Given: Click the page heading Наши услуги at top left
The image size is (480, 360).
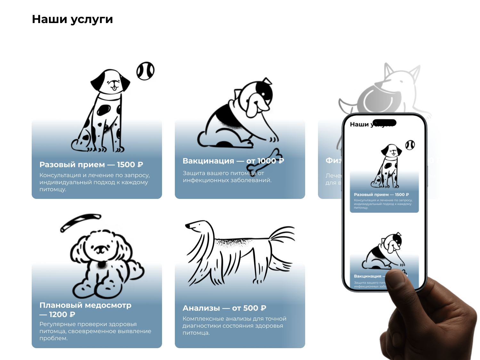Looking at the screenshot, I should (72, 19).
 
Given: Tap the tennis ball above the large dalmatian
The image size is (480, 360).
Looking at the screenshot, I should (145, 71).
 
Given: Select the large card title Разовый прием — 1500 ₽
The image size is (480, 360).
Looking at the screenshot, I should (91, 165).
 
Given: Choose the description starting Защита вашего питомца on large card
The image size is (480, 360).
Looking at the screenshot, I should (227, 176).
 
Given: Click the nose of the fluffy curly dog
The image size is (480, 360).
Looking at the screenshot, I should (101, 248).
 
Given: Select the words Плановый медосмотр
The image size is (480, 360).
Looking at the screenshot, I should (85, 305).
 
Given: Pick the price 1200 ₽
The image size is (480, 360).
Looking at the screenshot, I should (62, 315).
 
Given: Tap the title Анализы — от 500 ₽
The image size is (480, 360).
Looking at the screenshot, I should (224, 308).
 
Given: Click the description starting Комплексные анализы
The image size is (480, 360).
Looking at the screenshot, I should (234, 326).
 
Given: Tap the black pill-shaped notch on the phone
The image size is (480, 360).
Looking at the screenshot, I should (384, 123).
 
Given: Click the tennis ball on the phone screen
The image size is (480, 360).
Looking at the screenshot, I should (410, 145).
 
